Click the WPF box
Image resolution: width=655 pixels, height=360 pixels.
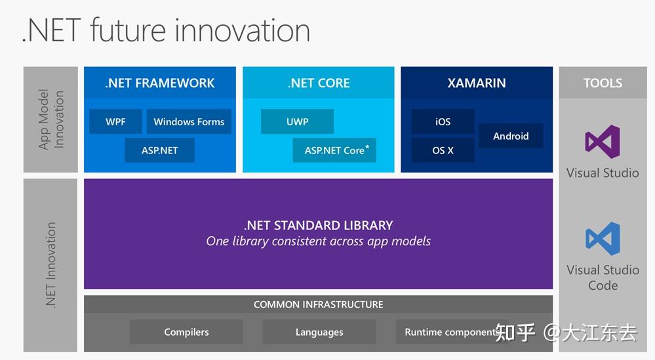(x=115, y=121)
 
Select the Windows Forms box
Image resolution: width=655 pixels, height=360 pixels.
(x=189, y=121)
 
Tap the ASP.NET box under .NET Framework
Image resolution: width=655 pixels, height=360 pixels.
(x=160, y=150)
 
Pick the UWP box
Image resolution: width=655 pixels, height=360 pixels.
(x=297, y=121)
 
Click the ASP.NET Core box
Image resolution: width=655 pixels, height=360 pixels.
(x=334, y=150)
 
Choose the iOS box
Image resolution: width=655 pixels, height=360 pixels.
(x=443, y=121)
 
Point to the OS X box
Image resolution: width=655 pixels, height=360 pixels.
(x=443, y=150)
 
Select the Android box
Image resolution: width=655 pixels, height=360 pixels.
(x=511, y=136)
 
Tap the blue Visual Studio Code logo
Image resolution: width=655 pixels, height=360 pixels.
(x=603, y=239)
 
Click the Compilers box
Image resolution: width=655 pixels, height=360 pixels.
(x=186, y=332)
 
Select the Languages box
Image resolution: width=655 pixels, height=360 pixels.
(x=319, y=332)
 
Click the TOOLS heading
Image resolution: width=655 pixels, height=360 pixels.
(x=603, y=83)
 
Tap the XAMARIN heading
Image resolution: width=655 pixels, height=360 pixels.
(x=477, y=83)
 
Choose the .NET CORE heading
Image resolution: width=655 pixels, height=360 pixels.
(x=319, y=83)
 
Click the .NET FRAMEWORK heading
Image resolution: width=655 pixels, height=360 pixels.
(x=160, y=83)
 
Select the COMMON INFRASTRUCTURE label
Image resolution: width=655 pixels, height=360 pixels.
(x=319, y=304)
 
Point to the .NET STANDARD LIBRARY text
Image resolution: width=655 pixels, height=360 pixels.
(x=319, y=225)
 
